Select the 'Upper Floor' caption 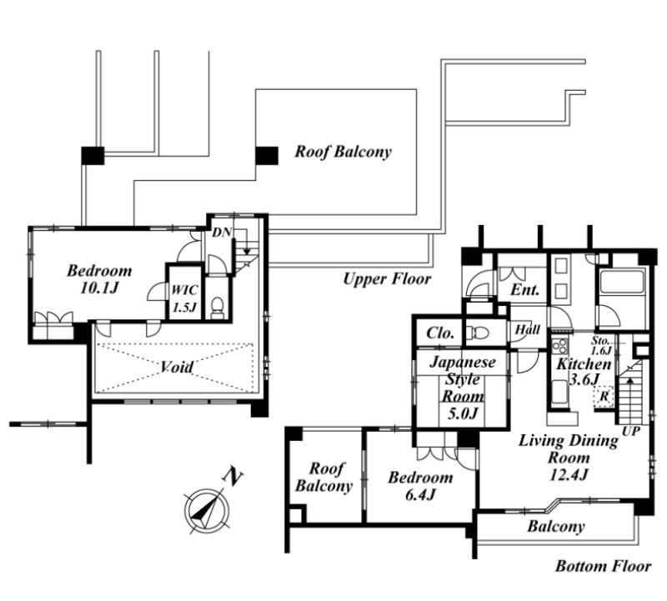tap(387, 279)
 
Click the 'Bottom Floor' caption tap(603, 566)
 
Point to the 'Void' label tap(177, 367)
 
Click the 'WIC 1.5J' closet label tap(184, 298)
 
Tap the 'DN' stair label tap(222, 233)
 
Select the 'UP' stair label tap(631, 431)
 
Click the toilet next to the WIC tap(218, 307)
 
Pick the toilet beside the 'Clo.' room tap(474, 333)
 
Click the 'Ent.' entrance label tap(525, 290)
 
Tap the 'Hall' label tap(528, 329)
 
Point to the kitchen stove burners tap(559, 346)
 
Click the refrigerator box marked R tap(604, 397)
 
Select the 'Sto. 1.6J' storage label tap(601, 345)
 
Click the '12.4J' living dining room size tap(569, 474)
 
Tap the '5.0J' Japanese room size tap(463, 413)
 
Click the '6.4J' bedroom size tap(420, 494)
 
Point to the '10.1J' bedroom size tap(98, 288)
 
